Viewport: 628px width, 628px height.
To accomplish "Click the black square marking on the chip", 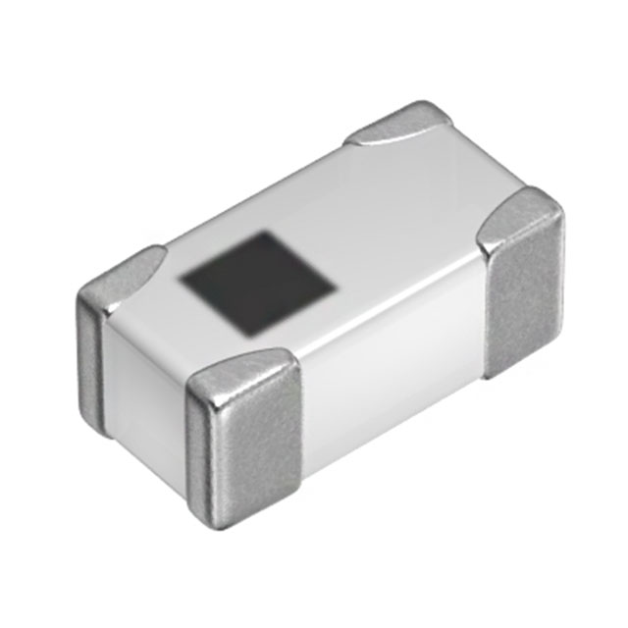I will [x=257, y=282].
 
